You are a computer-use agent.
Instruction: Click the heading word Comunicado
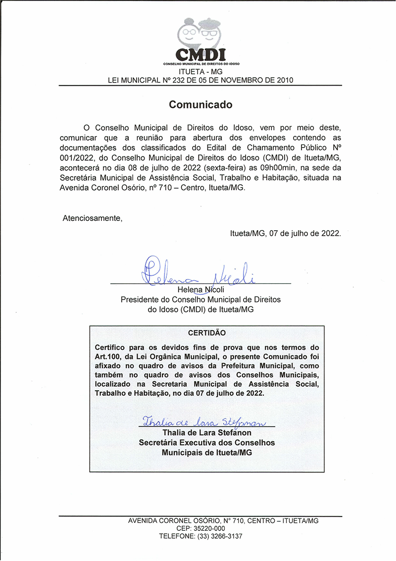tap(200, 105)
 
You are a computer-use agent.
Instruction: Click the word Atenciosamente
tap(92, 218)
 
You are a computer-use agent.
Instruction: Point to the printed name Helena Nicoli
tap(200, 290)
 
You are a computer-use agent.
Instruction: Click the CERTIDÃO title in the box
tap(206, 333)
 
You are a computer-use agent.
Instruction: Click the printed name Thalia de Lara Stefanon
tap(206, 433)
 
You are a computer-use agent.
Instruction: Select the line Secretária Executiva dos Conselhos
tap(206, 443)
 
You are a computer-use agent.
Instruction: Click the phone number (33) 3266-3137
tap(220, 536)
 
